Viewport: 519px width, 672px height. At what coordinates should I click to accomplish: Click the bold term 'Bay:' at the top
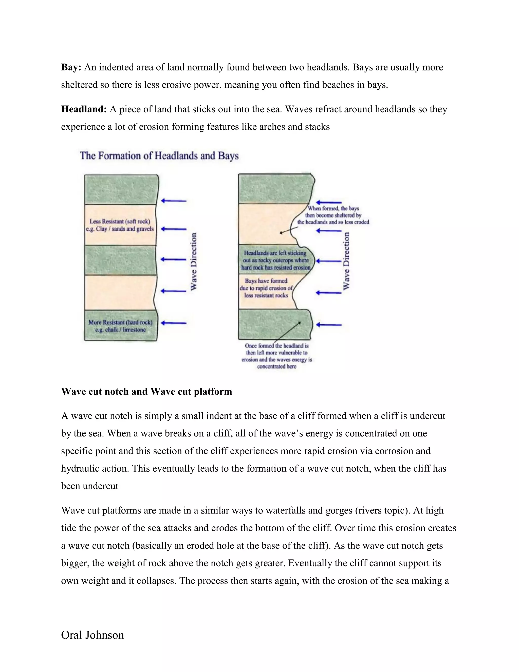click(71, 67)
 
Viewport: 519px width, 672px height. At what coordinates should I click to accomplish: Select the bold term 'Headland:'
click(84, 109)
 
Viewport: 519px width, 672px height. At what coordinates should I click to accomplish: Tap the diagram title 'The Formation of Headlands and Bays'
click(159, 156)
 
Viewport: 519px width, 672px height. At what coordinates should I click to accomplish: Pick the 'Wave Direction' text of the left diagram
click(194, 261)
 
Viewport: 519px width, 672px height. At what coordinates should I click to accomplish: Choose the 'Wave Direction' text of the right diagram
click(346, 261)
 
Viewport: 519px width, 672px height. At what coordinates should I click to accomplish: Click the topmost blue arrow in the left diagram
click(174, 201)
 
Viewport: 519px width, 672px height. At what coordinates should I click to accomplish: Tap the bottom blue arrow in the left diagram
click(174, 323)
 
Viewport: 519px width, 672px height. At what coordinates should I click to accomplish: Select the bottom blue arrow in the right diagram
click(329, 325)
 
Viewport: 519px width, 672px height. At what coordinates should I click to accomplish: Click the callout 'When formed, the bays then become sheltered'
click(333, 215)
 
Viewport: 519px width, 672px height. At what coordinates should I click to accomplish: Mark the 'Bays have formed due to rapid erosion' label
click(266, 288)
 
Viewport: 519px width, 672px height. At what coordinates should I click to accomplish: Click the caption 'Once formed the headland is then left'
click(277, 356)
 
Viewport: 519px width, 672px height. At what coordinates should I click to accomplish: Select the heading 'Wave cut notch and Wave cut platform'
click(147, 392)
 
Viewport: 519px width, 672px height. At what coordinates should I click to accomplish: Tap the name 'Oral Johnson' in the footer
click(92, 635)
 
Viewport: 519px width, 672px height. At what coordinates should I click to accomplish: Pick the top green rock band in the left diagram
click(121, 189)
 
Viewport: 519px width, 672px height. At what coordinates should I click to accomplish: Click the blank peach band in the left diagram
click(120, 292)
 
